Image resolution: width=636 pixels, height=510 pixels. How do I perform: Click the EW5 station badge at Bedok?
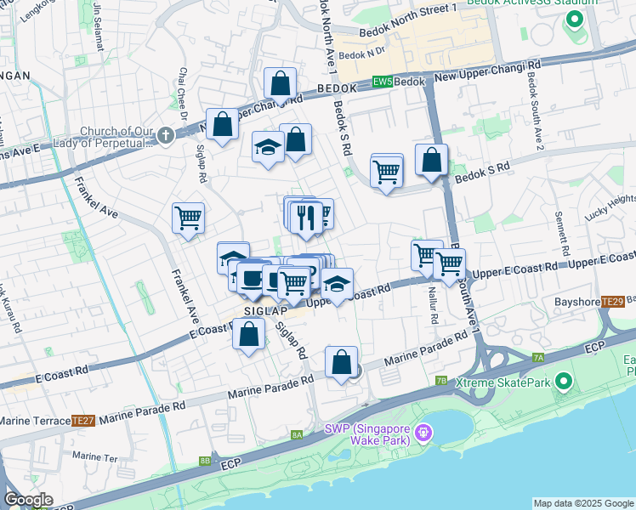coord(382,82)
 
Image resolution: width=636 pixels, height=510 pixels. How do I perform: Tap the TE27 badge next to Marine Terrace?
coord(82,420)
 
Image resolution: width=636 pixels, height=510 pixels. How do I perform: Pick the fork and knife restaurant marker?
coord(304,218)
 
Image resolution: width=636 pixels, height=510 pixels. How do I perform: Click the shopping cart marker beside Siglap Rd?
coord(188,218)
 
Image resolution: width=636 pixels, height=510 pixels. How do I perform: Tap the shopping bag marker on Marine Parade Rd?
coord(341,362)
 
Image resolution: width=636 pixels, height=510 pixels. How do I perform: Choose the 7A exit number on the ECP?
coord(538,358)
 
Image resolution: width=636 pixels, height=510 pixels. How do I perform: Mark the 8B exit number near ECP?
coord(204,462)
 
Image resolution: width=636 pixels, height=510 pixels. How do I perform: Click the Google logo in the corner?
coord(28,500)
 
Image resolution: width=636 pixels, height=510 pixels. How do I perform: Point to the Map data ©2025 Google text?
coord(582,503)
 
